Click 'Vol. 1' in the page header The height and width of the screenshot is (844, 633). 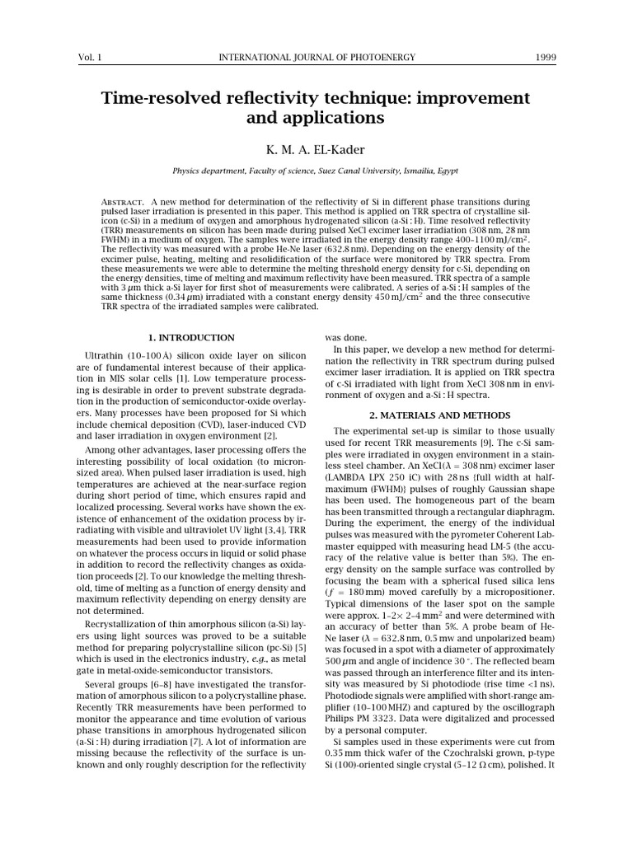88,57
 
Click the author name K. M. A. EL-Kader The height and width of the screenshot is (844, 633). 316,150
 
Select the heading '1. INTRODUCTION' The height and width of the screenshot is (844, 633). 191,338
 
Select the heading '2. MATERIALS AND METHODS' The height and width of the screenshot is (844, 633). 440,415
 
